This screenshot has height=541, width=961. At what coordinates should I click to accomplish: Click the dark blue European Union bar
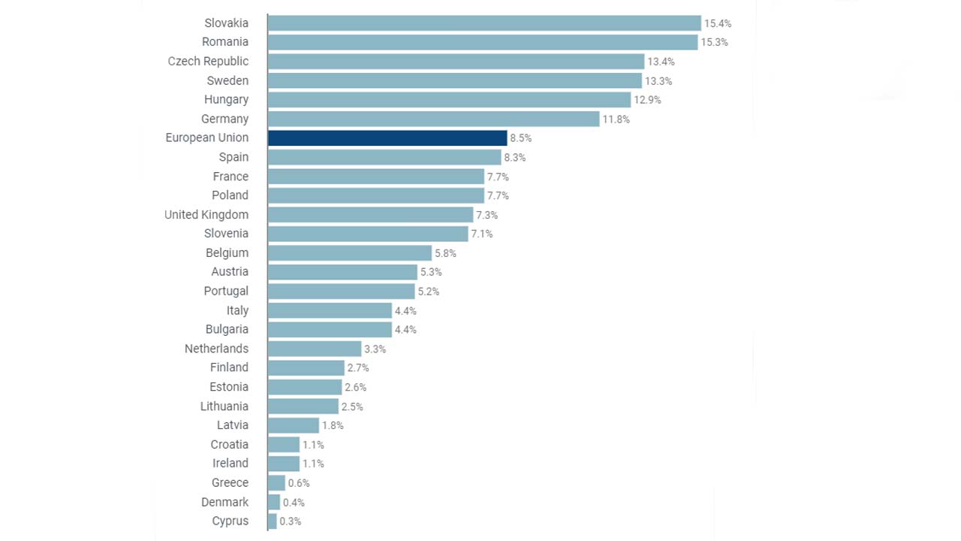pyautogui.click(x=387, y=138)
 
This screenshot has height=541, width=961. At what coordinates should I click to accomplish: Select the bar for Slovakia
pyautogui.click(x=484, y=23)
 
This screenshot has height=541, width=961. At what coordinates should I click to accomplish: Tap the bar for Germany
pyautogui.click(x=433, y=119)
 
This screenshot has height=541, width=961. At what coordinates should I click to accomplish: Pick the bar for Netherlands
pyautogui.click(x=315, y=349)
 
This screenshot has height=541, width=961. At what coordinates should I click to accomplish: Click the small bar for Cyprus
pyautogui.click(x=273, y=521)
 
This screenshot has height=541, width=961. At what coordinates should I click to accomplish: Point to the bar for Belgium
pyautogui.click(x=350, y=252)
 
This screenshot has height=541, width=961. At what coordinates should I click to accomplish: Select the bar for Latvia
pyautogui.click(x=294, y=425)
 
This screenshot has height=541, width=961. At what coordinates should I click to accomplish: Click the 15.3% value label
pyautogui.click(x=714, y=42)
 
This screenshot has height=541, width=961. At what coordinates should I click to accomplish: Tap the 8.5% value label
pyautogui.click(x=521, y=138)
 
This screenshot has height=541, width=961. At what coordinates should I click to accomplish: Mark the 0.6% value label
pyautogui.click(x=299, y=483)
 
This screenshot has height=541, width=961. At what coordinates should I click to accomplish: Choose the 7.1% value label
pyautogui.click(x=482, y=234)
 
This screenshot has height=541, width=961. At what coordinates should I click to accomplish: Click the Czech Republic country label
pyautogui.click(x=208, y=61)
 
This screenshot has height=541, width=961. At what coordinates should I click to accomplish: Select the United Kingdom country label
pyautogui.click(x=206, y=214)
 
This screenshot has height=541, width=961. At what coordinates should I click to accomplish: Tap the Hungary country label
pyautogui.click(x=226, y=99)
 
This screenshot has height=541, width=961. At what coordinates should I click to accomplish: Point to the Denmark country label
pyautogui.click(x=224, y=502)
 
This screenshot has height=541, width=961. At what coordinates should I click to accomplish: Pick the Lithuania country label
pyautogui.click(x=224, y=406)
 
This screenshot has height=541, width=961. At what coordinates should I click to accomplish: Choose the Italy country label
pyautogui.click(x=237, y=310)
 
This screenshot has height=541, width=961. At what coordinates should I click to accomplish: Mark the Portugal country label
pyautogui.click(x=226, y=291)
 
